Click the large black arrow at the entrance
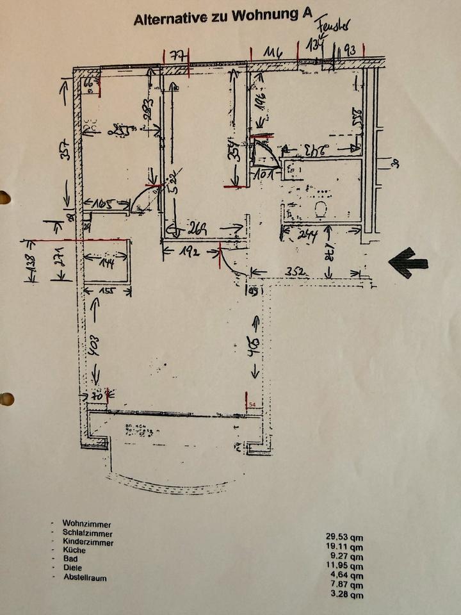tap(408, 263)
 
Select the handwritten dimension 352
tap(296, 272)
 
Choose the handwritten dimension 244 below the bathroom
tap(307, 234)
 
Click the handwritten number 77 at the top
tap(178, 56)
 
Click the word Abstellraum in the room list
tap(85, 577)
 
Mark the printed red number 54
tap(253, 405)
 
